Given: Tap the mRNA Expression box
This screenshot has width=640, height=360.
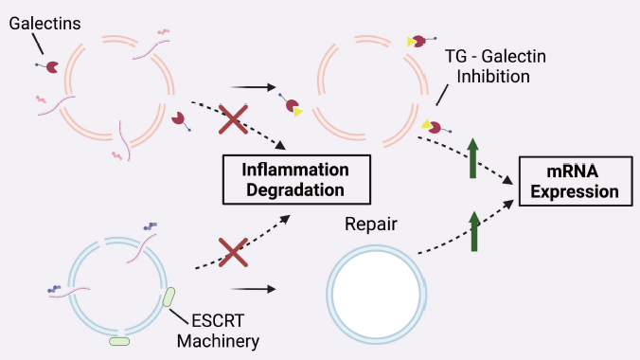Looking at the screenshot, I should tap(575, 181).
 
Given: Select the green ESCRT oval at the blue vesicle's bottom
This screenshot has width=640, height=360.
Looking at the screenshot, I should tap(119, 339).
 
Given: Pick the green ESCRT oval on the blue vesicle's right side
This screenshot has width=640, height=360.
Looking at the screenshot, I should tap(169, 297).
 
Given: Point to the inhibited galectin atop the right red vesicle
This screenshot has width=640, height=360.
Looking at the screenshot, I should tap(418, 41).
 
